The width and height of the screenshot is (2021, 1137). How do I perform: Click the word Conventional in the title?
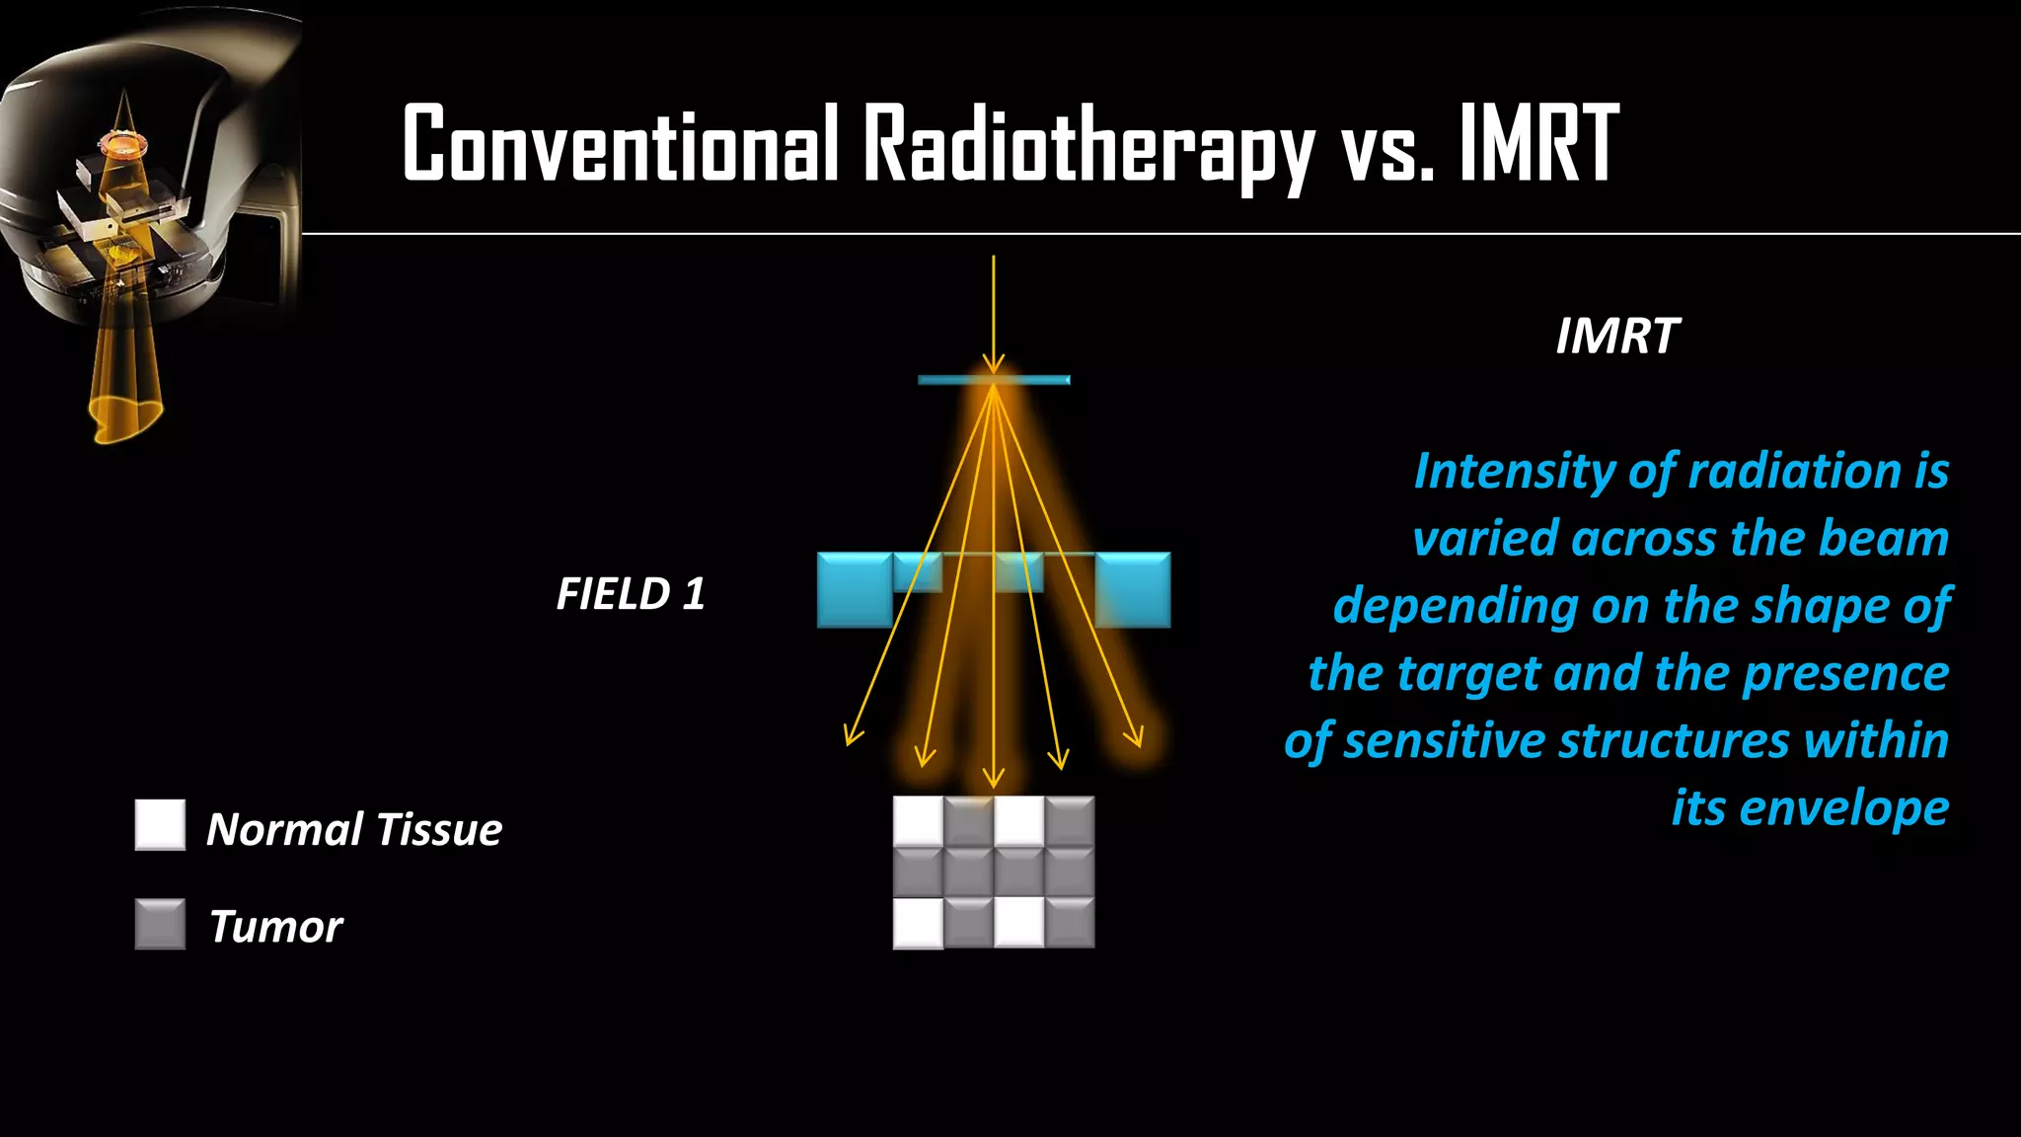(620, 144)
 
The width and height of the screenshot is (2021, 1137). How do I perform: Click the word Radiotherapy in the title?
(1087, 144)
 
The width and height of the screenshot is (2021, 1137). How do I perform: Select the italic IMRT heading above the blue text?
(1616, 337)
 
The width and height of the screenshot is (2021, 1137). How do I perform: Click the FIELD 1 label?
(631, 594)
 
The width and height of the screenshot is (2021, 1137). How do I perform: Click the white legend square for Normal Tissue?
(160, 825)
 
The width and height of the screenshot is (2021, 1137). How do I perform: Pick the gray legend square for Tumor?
(160, 924)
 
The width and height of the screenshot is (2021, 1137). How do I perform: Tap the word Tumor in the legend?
(275, 927)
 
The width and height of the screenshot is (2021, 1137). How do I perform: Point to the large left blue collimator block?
(855, 590)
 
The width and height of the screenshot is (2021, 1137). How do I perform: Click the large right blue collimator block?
(1133, 590)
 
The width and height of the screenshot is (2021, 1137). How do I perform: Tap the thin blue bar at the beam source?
(994, 380)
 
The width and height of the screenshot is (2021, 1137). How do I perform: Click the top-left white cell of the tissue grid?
(918, 821)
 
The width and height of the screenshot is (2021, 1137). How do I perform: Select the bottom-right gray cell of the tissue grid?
(1070, 923)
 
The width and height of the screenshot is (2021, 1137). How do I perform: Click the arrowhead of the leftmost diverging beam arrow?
(852, 737)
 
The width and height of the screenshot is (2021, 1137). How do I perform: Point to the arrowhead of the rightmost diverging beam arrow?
(1136, 737)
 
